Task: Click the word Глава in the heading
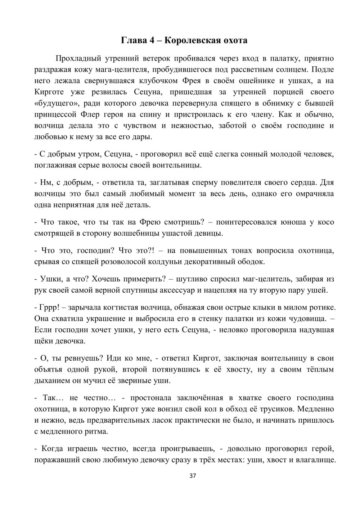point(134,40)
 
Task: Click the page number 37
point(192,476)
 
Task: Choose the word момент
point(210,194)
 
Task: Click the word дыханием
point(51,380)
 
